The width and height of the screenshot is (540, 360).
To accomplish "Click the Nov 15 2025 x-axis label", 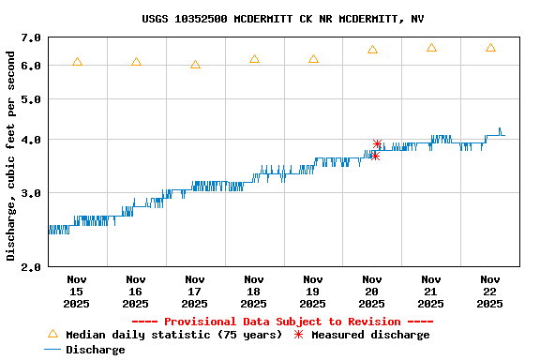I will (x=77, y=291).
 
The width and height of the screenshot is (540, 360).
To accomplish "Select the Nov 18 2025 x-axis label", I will (x=254, y=291).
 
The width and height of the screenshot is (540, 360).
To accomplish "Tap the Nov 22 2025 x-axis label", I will (x=490, y=291).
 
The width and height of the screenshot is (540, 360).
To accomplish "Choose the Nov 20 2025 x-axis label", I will (x=372, y=291).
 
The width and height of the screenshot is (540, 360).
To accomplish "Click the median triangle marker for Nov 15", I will (x=77, y=62).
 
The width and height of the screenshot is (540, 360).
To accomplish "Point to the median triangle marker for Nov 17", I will (x=195, y=65).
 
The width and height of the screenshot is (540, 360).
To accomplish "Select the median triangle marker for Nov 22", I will (x=490, y=48).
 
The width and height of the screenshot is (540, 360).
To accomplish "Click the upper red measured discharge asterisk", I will (x=377, y=143).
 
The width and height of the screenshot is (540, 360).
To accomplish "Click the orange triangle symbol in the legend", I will (x=52, y=334).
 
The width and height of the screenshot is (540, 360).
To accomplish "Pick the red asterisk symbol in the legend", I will (x=299, y=335).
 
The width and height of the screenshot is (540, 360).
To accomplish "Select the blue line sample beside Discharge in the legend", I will (x=52, y=350).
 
